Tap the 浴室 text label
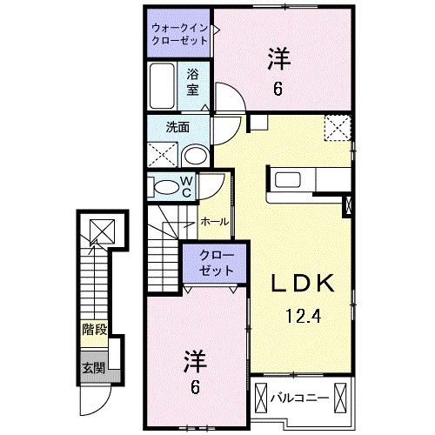point(191,83)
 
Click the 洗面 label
point(177,125)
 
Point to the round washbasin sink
point(197,156)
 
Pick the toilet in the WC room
point(164,186)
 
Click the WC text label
point(186,186)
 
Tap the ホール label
point(214,222)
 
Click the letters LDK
point(302,283)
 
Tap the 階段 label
point(94,330)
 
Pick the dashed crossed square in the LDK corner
point(336,127)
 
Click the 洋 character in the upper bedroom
point(278,59)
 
